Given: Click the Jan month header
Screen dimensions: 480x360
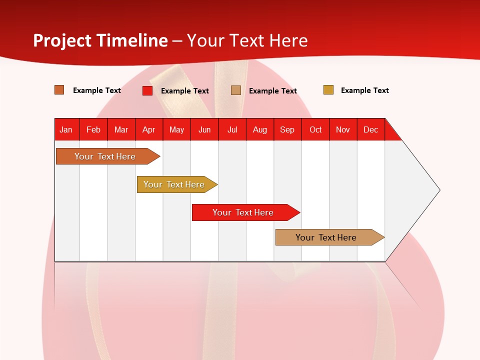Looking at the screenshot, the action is (66, 130).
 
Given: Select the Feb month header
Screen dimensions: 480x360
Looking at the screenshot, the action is (93, 130).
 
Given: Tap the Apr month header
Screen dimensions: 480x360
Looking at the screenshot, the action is (149, 130).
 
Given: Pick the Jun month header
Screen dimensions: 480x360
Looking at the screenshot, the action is (204, 130).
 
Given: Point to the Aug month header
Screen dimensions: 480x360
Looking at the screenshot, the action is (260, 130).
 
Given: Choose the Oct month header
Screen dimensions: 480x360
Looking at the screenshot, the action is (315, 130).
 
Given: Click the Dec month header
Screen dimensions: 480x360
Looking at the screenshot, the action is (370, 130).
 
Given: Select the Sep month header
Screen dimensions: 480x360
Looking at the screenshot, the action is (287, 130).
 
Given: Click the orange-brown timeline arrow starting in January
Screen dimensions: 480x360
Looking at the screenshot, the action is (108, 156).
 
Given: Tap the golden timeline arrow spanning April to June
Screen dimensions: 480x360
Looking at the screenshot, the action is (177, 184).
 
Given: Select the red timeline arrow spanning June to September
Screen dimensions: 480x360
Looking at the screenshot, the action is (246, 212).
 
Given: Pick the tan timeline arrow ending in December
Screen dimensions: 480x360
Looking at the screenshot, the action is (330, 237).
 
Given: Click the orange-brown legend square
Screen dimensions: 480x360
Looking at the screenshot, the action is (59, 90).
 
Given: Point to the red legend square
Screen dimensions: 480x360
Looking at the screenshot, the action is (147, 90).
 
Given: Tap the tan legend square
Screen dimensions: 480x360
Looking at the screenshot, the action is (235, 90).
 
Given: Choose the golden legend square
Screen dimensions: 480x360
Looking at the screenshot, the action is (328, 89).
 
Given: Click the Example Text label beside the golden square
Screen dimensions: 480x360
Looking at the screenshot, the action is (365, 90).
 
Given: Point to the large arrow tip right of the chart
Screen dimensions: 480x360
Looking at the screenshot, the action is (440, 190).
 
